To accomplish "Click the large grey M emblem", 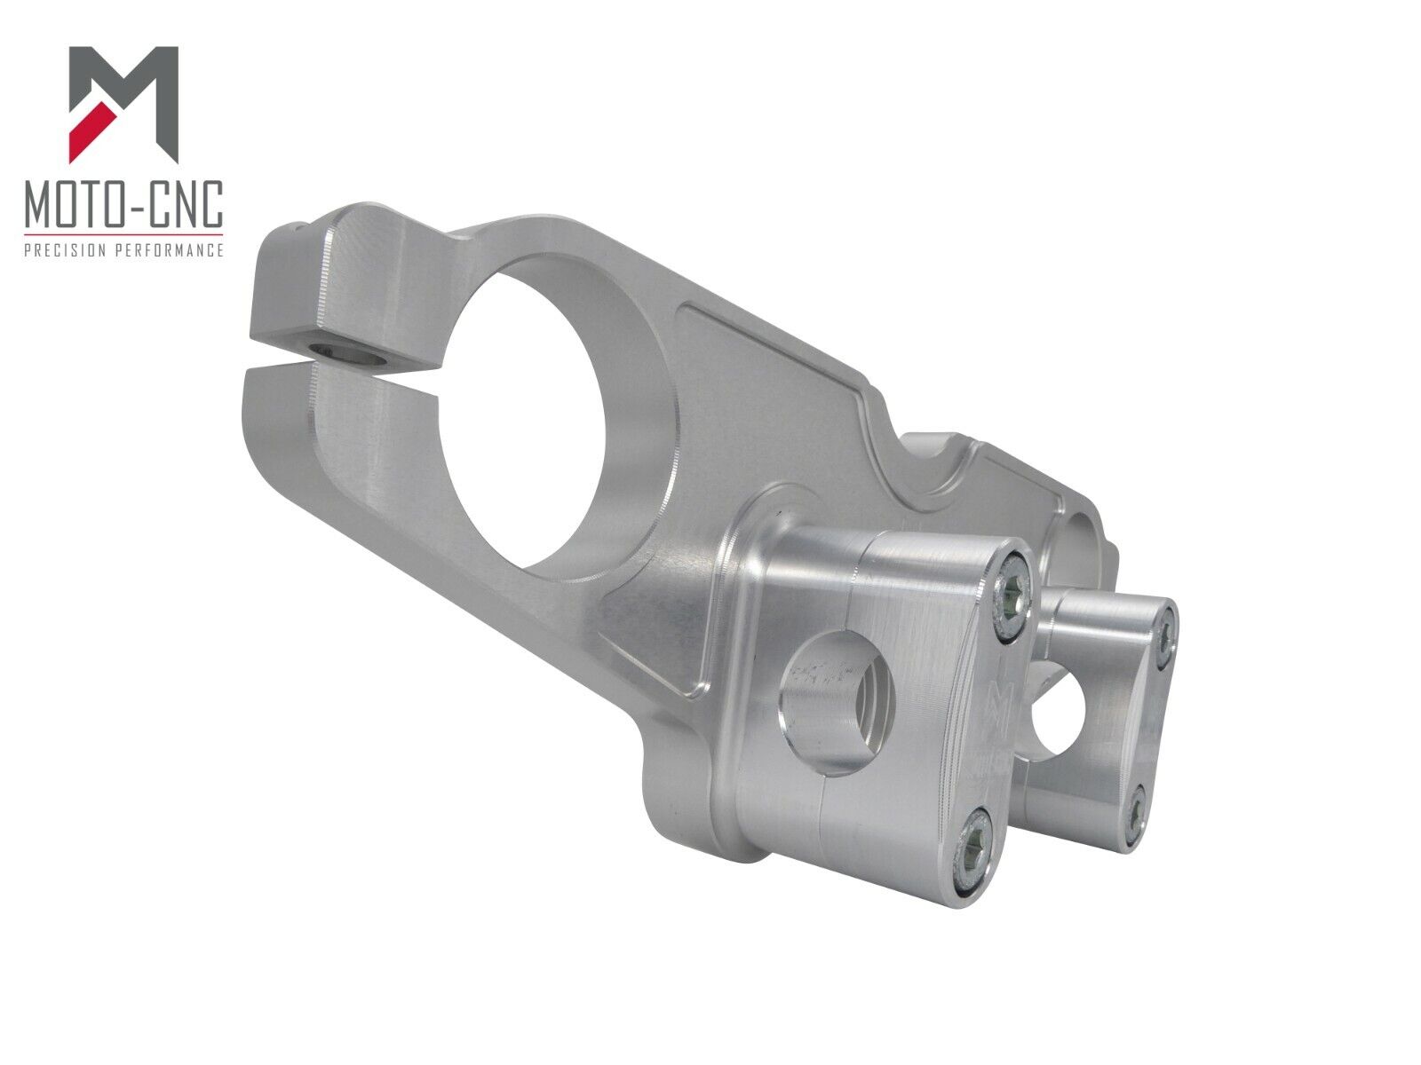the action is point(123,104).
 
